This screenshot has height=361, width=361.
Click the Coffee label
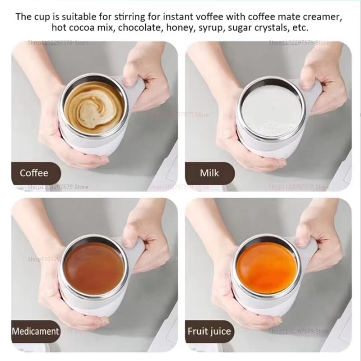click(x=34, y=173)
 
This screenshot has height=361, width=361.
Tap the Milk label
click(x=210, y=173)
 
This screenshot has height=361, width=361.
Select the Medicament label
click(x=36, y=331)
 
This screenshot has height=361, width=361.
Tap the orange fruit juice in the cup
click(x=267, y=267)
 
